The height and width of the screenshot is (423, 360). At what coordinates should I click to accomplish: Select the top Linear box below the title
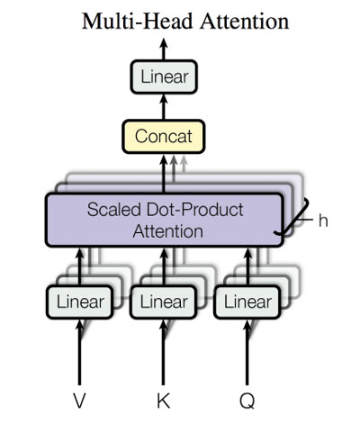click(x=163, y=76)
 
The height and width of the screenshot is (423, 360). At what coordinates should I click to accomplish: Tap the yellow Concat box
click(x=163, y=137)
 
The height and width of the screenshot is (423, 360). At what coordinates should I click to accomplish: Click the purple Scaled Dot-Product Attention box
click(x=163, y=220)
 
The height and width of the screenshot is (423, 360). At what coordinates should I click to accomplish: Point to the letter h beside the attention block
click(x=322, y=220)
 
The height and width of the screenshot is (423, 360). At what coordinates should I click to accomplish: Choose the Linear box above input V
click(x=81, y=301)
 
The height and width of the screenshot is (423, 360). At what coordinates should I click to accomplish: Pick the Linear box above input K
click(x=163, y=301)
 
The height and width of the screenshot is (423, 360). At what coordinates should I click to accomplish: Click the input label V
click(x=81, y=399)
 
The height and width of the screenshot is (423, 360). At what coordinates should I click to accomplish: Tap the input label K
click(x=163, y=399)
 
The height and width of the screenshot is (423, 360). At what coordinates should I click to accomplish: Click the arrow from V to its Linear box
click(x=81, y=351)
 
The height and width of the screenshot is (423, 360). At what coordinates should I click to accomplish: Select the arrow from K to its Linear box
click(x=163, y=351)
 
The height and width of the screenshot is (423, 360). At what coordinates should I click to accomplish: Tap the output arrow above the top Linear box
click(x=163, y=49)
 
